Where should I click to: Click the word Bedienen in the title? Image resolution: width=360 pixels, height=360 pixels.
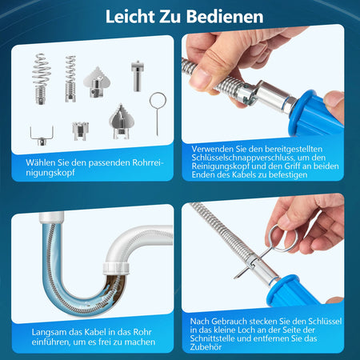(225, 17)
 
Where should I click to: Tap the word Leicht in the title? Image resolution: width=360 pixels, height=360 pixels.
(130, 17)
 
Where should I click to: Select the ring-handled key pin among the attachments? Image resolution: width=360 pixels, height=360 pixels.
(158, 100)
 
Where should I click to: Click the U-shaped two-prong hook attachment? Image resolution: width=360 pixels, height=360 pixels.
(42, 136)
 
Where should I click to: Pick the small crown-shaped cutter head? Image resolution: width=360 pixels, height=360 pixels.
(80, 130)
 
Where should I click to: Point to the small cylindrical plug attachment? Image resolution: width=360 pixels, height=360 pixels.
(138, 76)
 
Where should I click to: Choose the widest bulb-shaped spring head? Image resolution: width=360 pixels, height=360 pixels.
(42, 78)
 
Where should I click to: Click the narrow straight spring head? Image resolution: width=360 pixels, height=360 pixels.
(70, 78)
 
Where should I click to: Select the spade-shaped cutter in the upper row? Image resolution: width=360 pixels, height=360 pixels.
(97, 82)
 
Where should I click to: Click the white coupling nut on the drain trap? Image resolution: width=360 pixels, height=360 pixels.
(116, 269)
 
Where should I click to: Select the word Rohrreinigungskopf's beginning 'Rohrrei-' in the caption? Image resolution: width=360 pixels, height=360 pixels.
(147, 162)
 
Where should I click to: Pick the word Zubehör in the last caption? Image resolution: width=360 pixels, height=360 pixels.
(206, 347)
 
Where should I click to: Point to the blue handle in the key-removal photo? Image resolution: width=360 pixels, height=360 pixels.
(294, 290)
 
